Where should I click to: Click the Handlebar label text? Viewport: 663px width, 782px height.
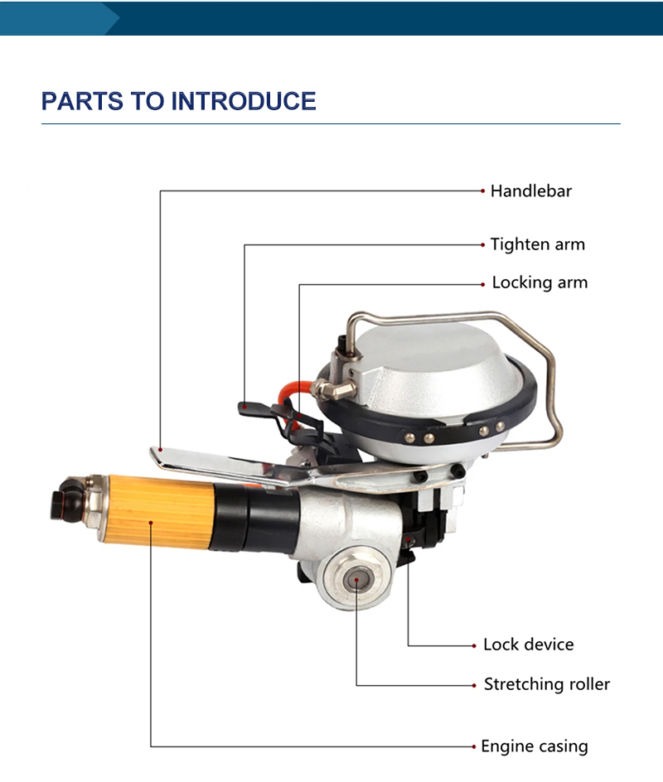(530, 191)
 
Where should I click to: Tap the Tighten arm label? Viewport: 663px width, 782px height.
(537, 244)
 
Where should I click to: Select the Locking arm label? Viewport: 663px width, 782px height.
(540, 282)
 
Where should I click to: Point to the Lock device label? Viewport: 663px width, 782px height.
(528, 644)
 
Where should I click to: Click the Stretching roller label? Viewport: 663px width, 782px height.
(547, 684)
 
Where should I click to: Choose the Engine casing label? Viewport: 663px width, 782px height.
(535, 746)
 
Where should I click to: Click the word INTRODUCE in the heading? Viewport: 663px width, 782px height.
(244, 101)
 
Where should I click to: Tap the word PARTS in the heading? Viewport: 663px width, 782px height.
(82, 101)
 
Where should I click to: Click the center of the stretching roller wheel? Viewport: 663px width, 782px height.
(356, 580)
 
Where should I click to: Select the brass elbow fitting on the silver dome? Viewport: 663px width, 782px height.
(333, 389)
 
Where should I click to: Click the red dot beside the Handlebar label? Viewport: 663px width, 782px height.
(482, 191)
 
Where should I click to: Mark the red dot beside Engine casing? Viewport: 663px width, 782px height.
(473, 746)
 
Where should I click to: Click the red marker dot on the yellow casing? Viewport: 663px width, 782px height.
(151, 522)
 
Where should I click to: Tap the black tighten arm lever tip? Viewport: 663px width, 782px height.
(245, 408)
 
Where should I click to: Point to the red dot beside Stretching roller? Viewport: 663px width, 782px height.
(474, 685)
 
